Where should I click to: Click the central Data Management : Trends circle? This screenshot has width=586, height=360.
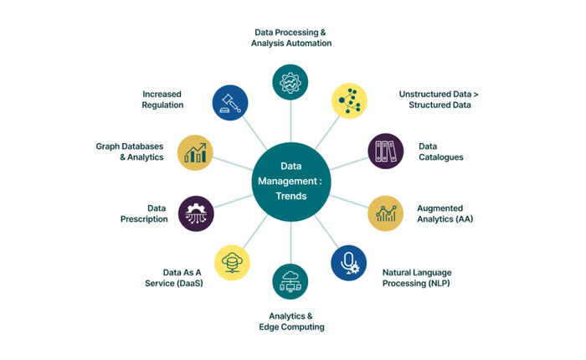coord(291,182)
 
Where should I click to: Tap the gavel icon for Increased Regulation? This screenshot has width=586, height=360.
coord(230,103)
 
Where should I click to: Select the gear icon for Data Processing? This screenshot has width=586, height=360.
coord(290,82)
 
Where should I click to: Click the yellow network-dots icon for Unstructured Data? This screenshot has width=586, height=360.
coord(349,101)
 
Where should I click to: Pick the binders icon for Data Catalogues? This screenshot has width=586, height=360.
coord(386,151)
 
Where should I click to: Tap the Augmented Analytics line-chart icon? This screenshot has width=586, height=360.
coord(386,213)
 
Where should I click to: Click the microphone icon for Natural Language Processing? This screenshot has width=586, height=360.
coord(349,263)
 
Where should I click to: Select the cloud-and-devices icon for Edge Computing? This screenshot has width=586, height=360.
coord(290,281)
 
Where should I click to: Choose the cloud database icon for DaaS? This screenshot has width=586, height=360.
coord(232,263)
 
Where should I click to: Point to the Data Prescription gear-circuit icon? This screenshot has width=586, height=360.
coord(196,213)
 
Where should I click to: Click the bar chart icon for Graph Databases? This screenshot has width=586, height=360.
coord(195,152)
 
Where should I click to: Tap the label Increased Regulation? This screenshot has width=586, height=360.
coord(162,100)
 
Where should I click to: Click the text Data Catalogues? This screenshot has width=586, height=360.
coord(441,152)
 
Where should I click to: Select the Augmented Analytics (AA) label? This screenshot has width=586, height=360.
coord(445,213)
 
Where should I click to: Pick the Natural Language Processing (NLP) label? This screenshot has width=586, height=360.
coord(417,278)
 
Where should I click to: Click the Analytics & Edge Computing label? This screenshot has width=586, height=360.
coord(291,321)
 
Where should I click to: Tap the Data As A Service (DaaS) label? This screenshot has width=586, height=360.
coord(174,278)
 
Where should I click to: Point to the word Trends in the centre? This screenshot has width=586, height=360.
coord(291,196)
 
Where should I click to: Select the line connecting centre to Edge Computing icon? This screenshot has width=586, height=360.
coord(290,243)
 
